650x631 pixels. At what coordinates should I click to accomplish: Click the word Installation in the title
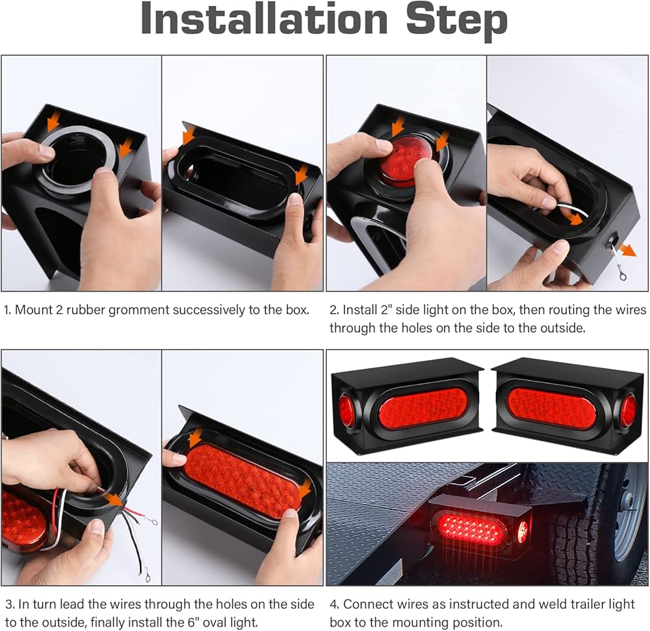(265, 19)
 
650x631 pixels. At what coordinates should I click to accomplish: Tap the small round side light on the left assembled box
(345, 411)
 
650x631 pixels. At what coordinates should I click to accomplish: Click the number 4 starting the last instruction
(333, 604)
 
